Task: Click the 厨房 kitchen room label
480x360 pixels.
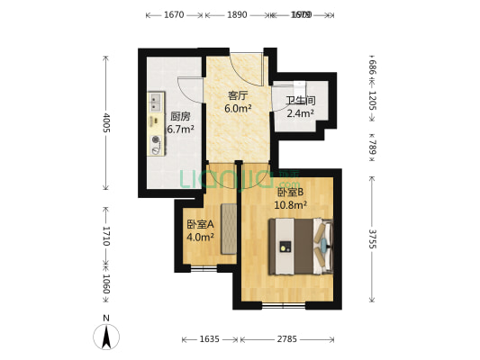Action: (180, 115)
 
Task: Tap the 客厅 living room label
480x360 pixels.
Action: (238, 94)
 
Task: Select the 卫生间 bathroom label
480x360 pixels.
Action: (300, 101)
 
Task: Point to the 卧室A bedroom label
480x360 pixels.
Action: (200, 224)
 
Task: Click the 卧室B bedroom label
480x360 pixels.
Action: (290, 192)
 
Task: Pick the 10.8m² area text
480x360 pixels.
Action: (291, 204)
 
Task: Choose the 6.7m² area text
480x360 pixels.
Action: (180, 128)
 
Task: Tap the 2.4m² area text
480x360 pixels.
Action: (300, 113)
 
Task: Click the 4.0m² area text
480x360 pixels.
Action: (200, 238)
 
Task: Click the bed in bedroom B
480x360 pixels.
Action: (305, 246)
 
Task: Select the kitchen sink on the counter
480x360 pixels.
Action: (155, 99)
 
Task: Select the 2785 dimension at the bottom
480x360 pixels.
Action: (287, 339)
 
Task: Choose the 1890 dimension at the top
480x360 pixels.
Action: (237, 14)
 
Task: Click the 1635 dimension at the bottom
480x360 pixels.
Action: (210, 339)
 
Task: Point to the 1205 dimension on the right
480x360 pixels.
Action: (373, 100)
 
